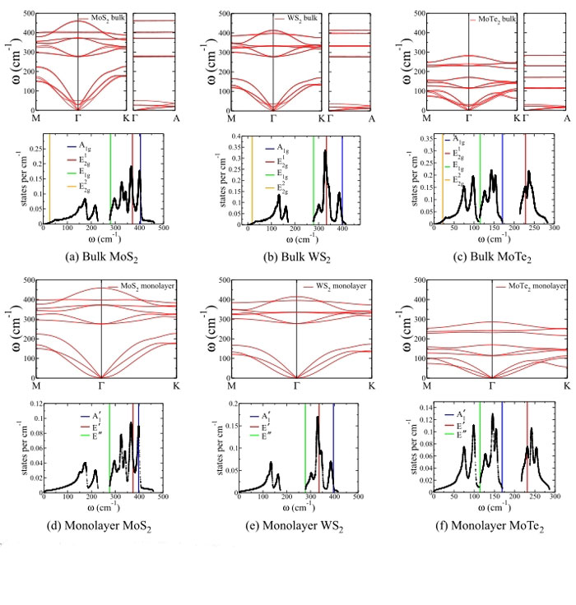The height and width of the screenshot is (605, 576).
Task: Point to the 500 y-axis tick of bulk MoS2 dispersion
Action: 29,14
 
